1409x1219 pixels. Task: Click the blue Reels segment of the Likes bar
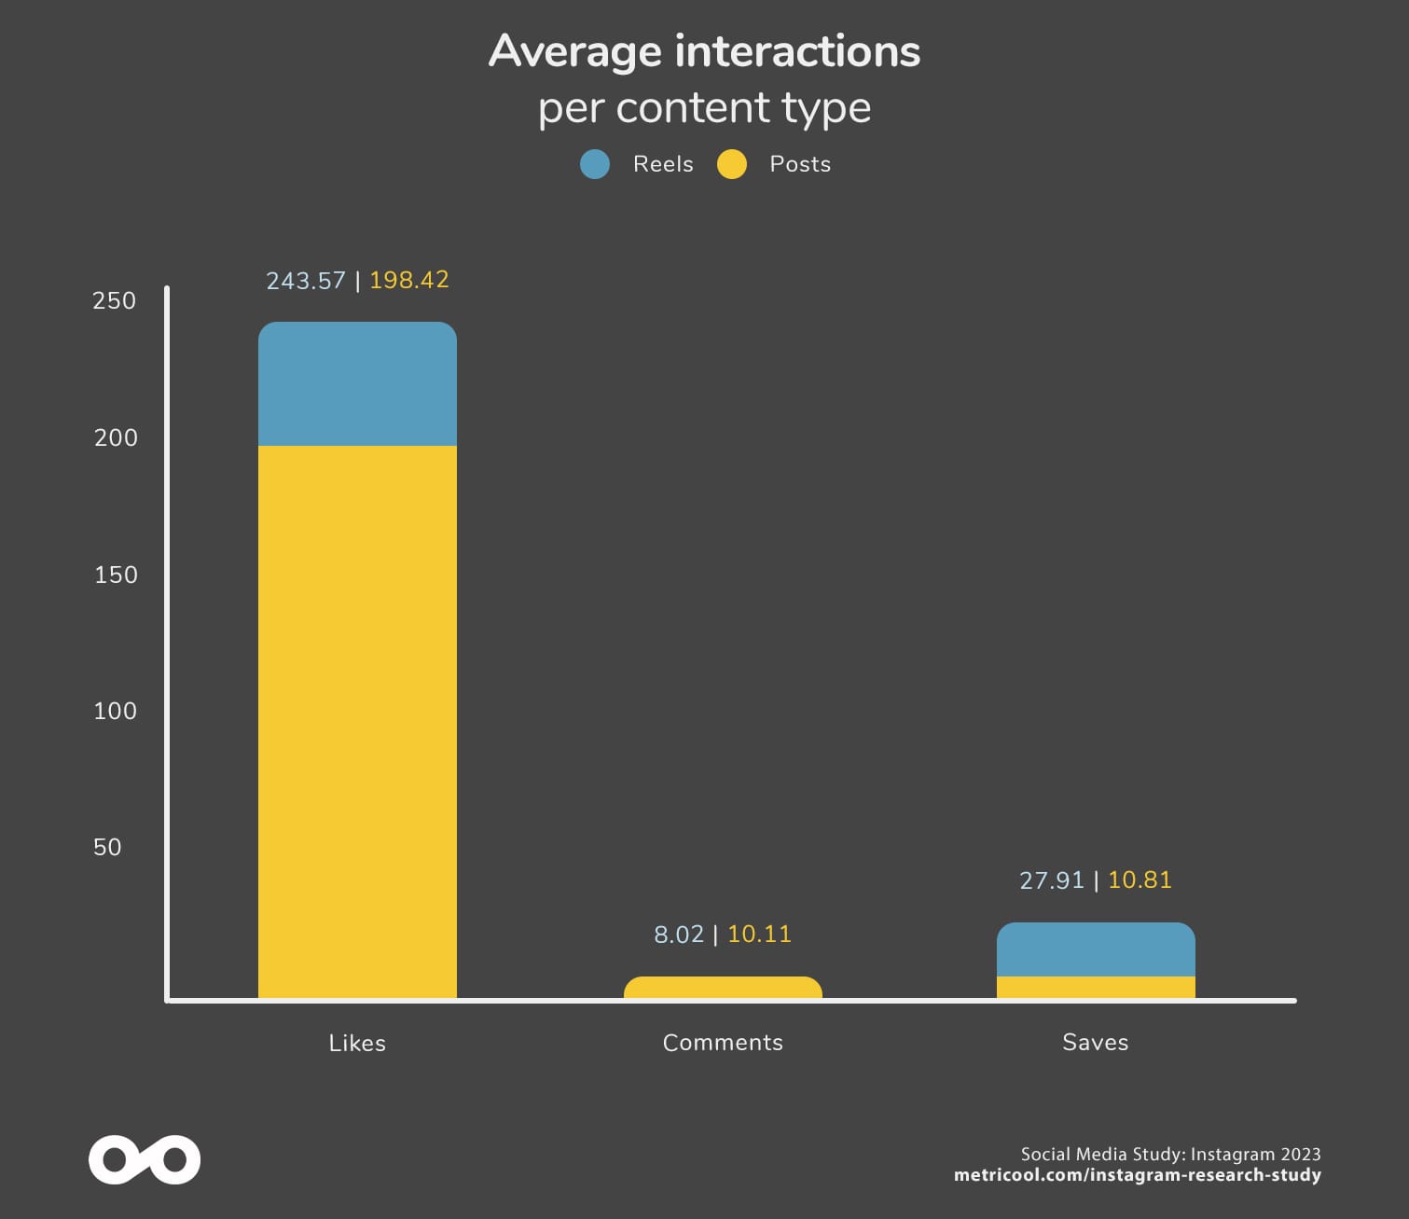(357, 384)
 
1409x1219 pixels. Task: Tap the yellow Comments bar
(723, 988)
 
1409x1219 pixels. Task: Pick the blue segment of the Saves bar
(1096, 949)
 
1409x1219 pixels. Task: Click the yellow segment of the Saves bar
(1096, 988)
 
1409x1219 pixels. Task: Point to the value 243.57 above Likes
(306, 281)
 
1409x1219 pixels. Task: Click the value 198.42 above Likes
(409, 280)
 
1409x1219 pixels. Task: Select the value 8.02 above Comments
(679, 935)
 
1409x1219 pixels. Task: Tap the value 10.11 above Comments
(759, 934)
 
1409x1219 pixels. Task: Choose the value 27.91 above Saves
(1052, 880)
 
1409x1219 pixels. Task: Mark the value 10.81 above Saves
(1140, 880)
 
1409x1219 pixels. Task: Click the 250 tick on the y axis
(114, 300)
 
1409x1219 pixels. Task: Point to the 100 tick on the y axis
(115, 711)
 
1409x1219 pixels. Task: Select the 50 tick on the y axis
(107, 847)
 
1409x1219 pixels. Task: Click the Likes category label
(357, 1043)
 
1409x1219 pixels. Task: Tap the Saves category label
(1096, 1042)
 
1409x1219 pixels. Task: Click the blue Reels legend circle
(595, 164)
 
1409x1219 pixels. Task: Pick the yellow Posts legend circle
(732, 164)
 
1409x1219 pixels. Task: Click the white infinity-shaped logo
(145, 1159)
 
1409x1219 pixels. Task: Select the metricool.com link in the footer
(1137, 1175)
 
